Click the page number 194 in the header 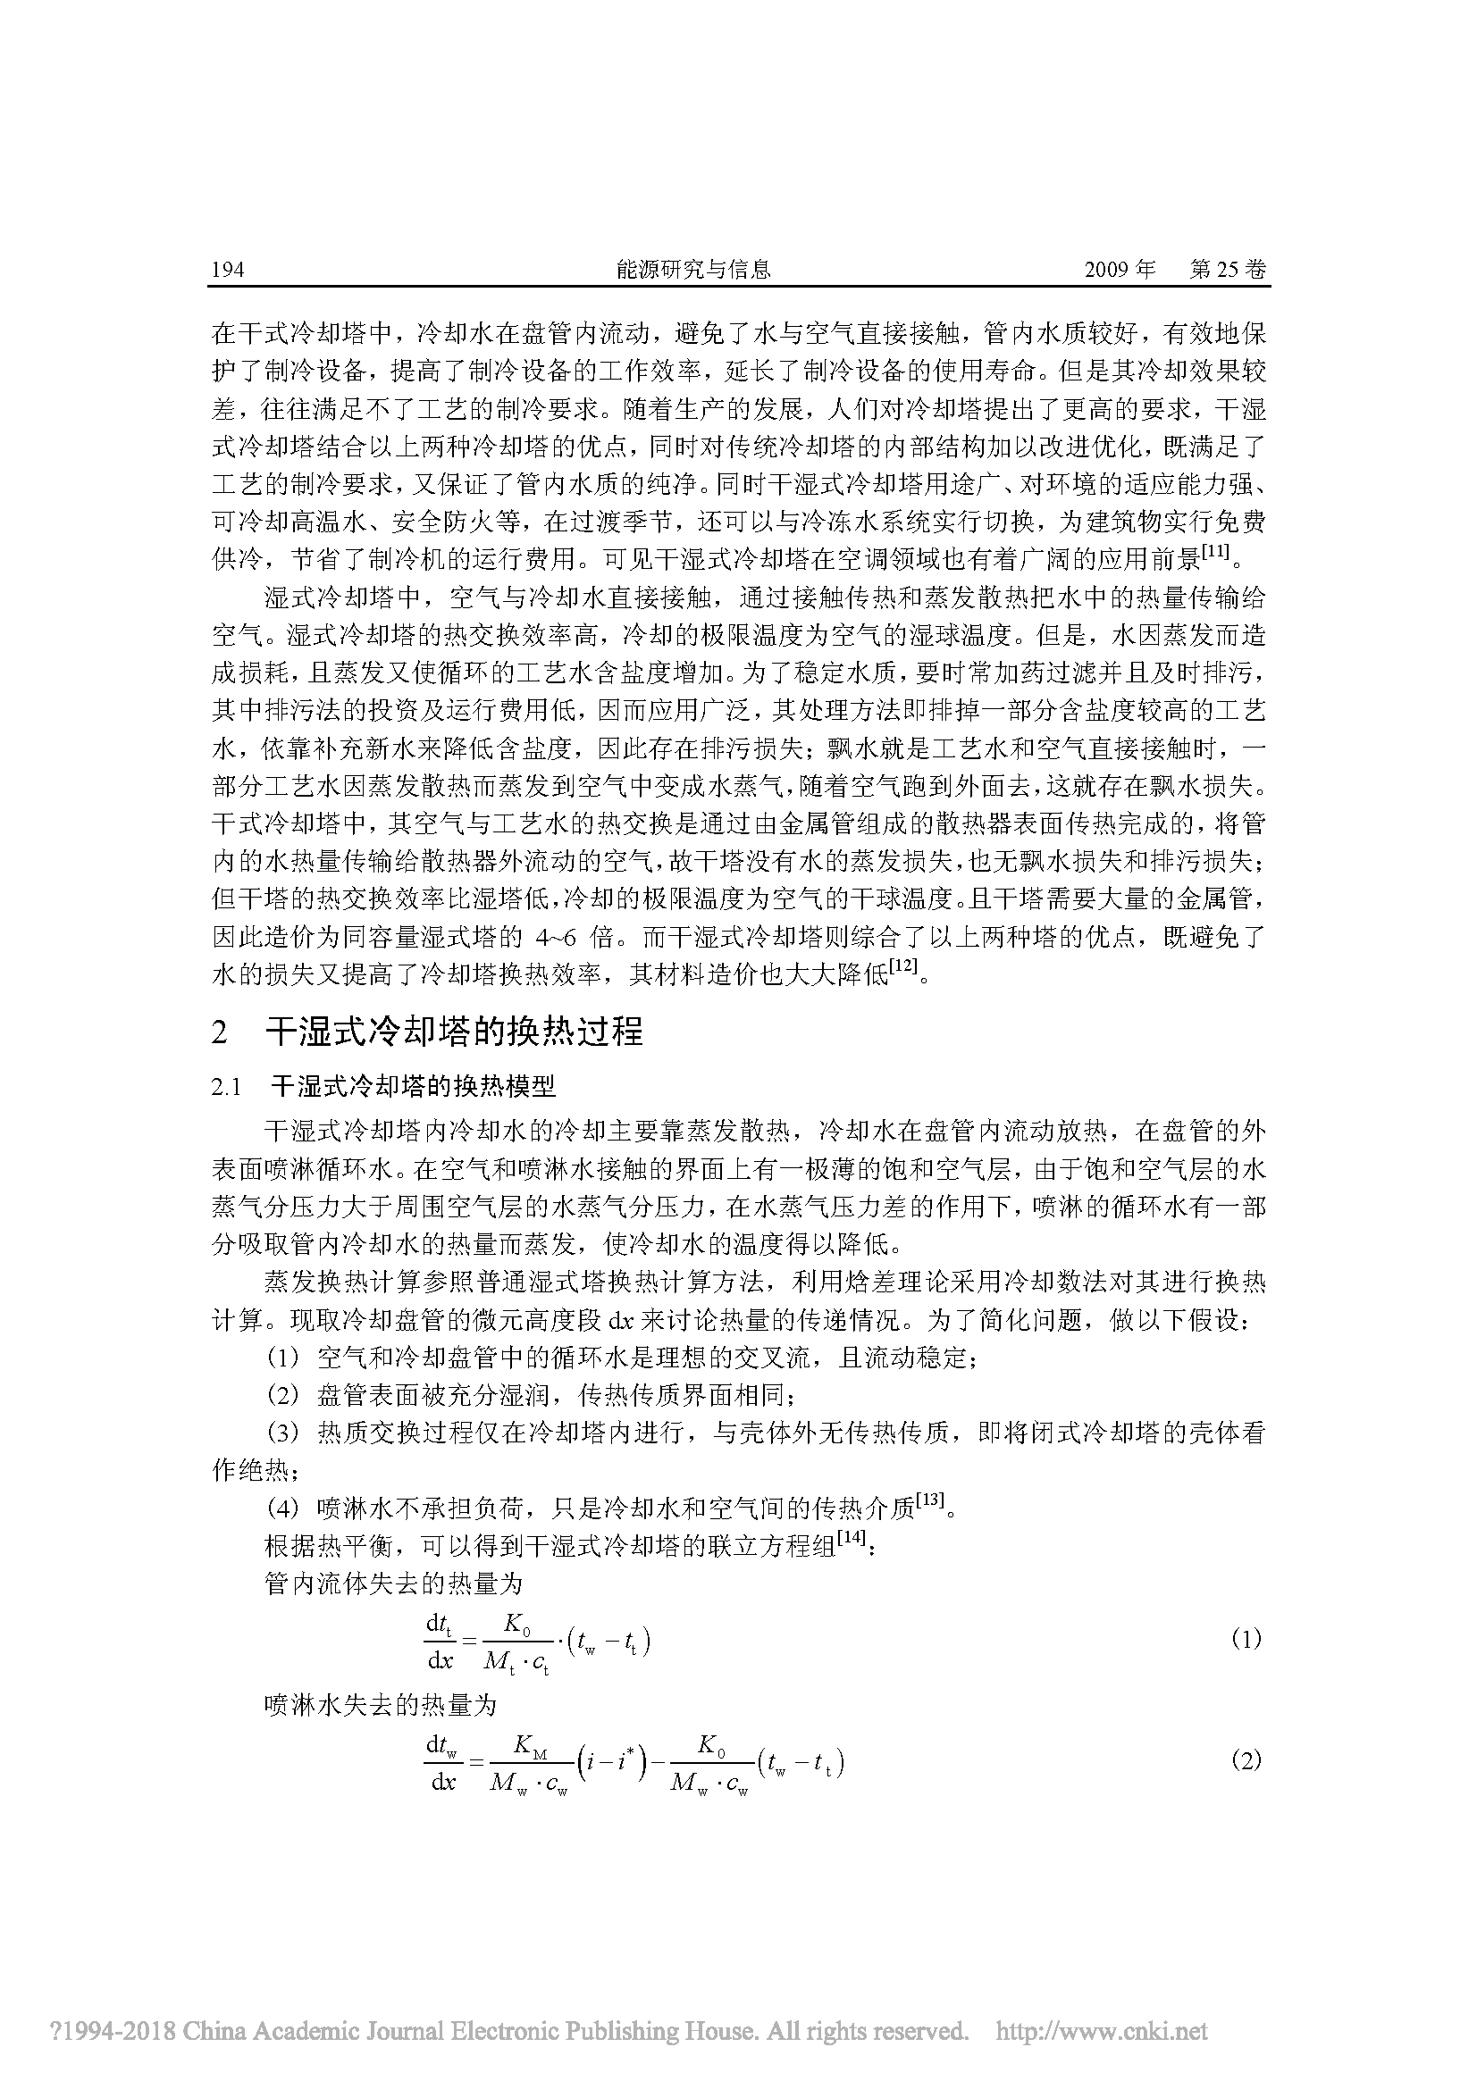[x=228, y=271]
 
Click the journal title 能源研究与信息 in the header [x=693, y=270]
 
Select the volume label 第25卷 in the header [x=1228, y=271]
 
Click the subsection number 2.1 [x=226, y=1087]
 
